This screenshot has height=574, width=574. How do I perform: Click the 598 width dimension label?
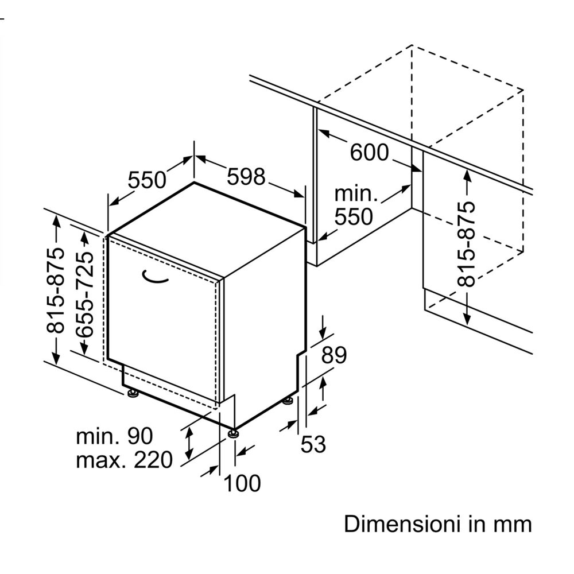(x=246, y=176)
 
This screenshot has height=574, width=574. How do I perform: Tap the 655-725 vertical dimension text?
(x=84, y=293)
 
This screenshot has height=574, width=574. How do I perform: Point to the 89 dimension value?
(x=333, y=356)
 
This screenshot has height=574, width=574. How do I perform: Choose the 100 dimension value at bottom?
(x=242, y=483)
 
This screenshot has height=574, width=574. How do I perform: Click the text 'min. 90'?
(x=115, y=436)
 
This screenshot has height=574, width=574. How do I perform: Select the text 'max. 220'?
(x=124, y=460)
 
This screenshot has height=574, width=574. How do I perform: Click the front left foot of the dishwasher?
(x=133, y=393)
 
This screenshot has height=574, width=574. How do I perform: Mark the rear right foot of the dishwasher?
(x=288, y=400)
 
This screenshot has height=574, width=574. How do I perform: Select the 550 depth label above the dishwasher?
(x=146, y=180)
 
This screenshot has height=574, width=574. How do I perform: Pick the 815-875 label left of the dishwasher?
(x=56, y=290)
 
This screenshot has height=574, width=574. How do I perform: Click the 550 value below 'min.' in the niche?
(x=354, y=216)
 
